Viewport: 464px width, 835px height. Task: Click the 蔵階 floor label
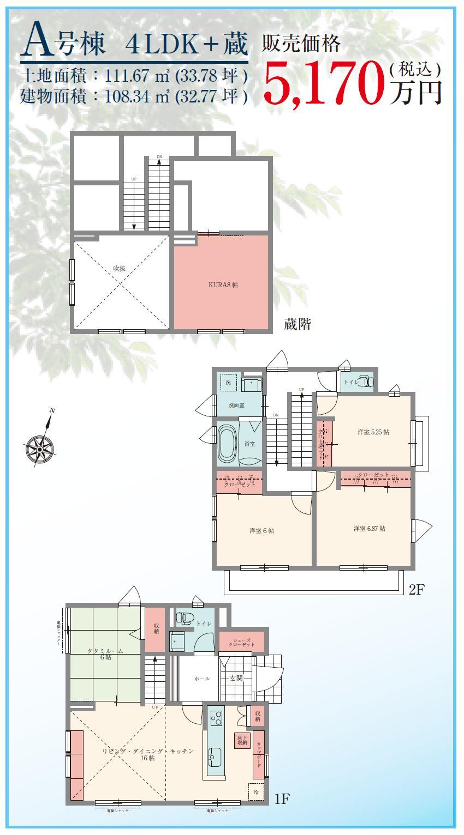pyautogui.click(x=298, y=325)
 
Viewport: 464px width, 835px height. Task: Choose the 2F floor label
pyautogui.click(x=417, y=590)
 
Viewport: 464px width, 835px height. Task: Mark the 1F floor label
pyautogui.click(x=282, y=800)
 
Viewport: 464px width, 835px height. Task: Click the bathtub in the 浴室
pyautogui.click(x=227, y=443)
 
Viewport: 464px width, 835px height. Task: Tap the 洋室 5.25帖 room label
pyautogui.click(x=373, y=432)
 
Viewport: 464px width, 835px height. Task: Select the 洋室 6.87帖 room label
pyautogui.click(x=370, y=528)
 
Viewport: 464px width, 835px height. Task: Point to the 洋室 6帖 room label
pyautogui.click(x=261, y=530)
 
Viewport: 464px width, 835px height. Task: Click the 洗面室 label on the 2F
pyautogui.click(x=236, y=406)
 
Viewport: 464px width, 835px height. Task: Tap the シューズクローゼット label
pyautogui.click(x=241, y=642)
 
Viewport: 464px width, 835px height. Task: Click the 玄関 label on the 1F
pyautogui.click(x=236, y=678)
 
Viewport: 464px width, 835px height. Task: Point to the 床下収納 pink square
pyautogui.click(x=242, y=740)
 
